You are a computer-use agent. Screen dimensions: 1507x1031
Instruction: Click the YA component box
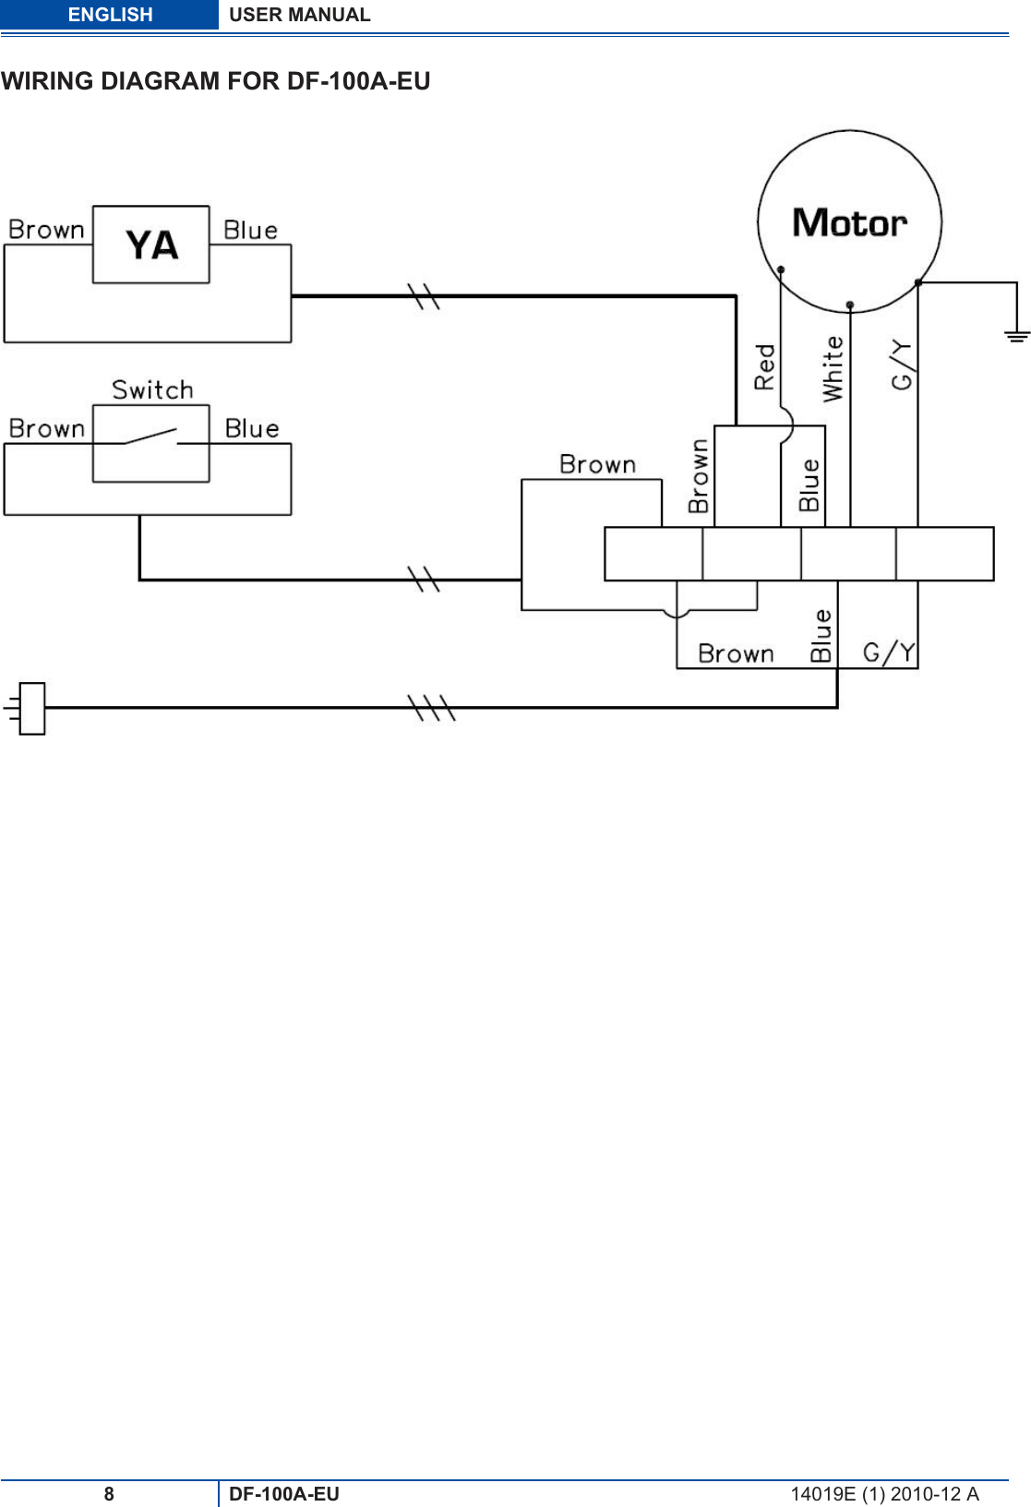pos(150,245)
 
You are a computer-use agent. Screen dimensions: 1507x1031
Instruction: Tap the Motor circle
pos(849,221)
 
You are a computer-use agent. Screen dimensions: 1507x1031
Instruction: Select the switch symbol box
pos(150,443)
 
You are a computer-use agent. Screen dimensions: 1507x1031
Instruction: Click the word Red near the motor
pos(765,366)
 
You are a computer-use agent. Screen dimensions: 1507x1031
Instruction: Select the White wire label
pos(833,368)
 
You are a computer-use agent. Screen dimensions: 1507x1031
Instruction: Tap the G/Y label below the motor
pos(902,365)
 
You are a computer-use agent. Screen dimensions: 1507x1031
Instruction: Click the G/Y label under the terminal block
pos(889,652)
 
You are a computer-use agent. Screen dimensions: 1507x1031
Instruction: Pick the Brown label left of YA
pos(46,230)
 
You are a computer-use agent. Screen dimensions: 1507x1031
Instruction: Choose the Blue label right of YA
pos(251,230)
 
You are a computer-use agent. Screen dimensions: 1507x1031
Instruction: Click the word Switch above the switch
pos(153,389)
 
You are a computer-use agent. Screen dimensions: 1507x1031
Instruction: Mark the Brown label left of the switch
pos(46,429)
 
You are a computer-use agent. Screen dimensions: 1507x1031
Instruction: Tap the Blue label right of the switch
pos(252,428)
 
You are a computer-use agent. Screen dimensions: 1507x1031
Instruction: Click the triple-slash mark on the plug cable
pos(431,708)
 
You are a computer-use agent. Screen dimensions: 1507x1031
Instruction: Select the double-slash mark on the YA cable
pos(424,296)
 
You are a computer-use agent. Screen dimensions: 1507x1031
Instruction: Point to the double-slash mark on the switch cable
pos(424,580)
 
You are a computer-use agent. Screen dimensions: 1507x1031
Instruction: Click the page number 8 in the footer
pos(109,1494)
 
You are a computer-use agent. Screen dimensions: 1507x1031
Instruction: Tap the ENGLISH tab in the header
pos(110,15)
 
